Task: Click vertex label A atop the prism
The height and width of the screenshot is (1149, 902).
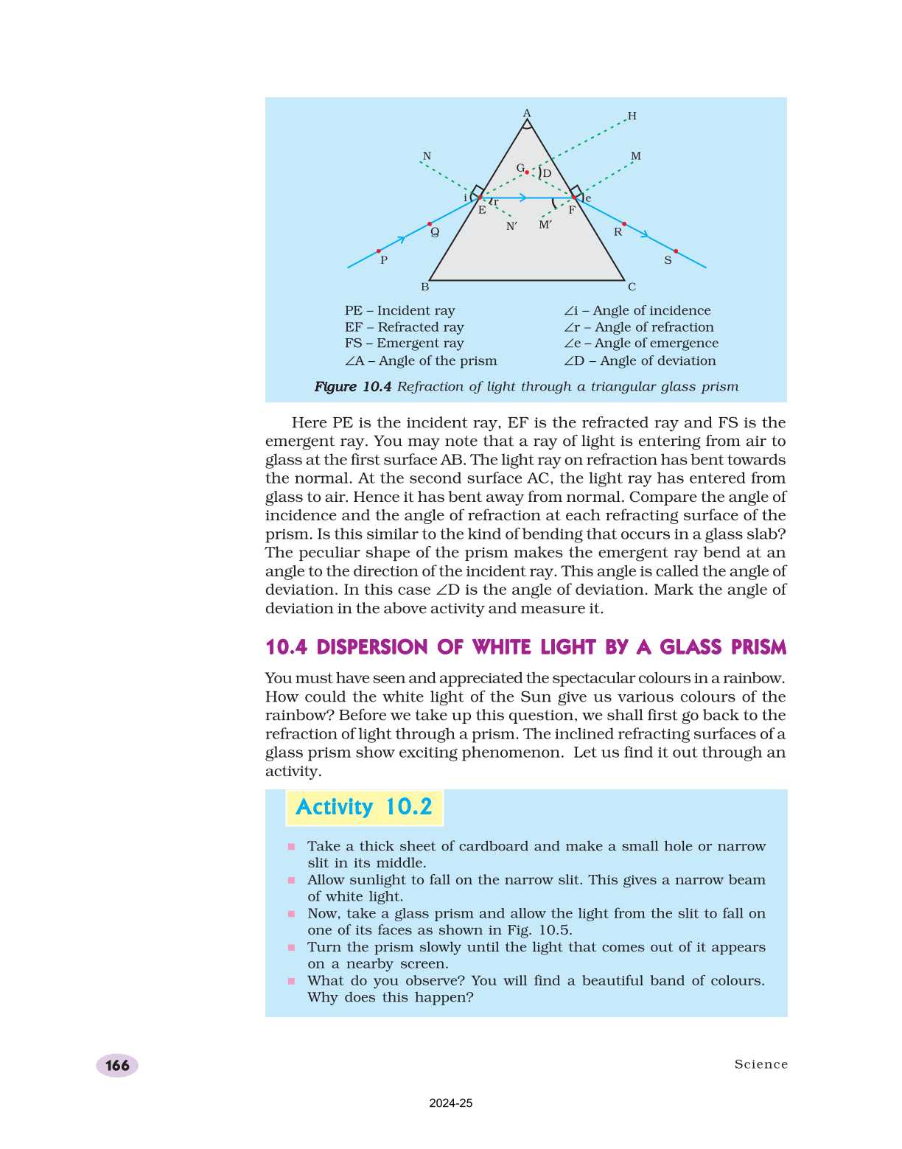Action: point(527,113)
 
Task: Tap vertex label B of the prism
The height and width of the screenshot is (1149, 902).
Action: point(424,287)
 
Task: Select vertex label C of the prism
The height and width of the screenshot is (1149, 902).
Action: point(632,287)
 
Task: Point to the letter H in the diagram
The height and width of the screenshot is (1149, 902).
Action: point(632,116)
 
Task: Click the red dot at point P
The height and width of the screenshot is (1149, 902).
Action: point(379,251)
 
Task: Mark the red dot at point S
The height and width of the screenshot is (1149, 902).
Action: point(676,251)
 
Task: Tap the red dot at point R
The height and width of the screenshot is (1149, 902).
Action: point(624,223)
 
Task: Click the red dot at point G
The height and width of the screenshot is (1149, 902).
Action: point(527,172)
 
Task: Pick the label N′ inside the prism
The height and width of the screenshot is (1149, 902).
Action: point(511,226)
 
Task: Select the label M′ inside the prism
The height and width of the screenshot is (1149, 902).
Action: point(545,225)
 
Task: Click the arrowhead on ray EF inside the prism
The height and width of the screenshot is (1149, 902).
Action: point(522,198)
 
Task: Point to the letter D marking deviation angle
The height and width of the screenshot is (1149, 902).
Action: point(547,174)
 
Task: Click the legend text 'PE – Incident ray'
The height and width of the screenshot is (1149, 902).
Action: point(399,310)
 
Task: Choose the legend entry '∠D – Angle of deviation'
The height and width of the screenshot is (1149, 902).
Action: point(640,360)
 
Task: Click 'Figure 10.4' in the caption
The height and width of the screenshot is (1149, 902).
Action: point(352,386)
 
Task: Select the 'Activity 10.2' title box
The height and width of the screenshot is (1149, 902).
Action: point(364,807)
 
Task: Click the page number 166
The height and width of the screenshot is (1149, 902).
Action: point(117,1065)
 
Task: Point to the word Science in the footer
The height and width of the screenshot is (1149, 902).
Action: point(761,1064)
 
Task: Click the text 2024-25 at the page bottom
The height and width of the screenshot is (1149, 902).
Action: point(451,1103)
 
